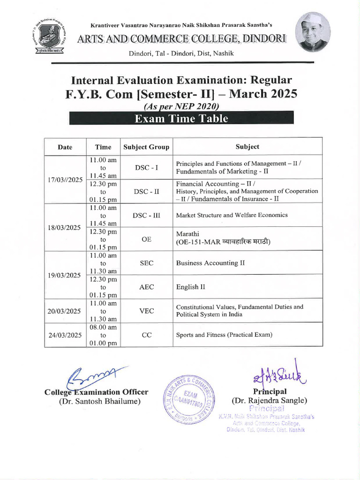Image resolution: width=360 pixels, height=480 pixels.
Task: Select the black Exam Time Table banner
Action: [181, 118]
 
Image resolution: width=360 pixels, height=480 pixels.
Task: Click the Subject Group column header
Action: [146, 147]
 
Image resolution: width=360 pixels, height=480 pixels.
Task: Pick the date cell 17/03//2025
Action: [65, 180]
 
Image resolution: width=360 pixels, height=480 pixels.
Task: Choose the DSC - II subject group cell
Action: [146, 191]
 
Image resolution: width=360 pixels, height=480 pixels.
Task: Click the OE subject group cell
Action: [146, 239]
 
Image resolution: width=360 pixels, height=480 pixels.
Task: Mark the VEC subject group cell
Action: [146, 311]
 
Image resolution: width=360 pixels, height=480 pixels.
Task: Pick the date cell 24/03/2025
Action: [65, 335]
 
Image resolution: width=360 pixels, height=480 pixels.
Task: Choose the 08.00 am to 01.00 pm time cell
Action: [103, 335]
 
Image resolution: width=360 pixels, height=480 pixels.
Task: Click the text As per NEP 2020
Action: [181, 106]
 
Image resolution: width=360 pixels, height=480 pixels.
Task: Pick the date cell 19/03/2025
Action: [65, 275]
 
